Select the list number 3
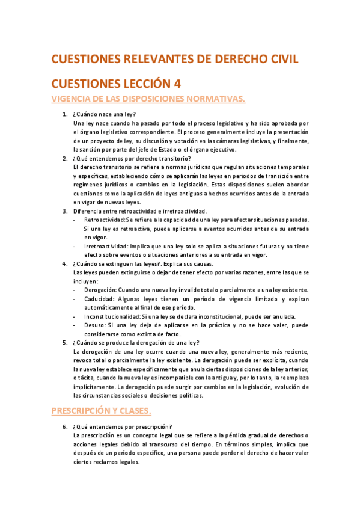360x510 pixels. [65, 211]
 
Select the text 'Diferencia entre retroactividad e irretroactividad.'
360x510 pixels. [139, 211]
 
